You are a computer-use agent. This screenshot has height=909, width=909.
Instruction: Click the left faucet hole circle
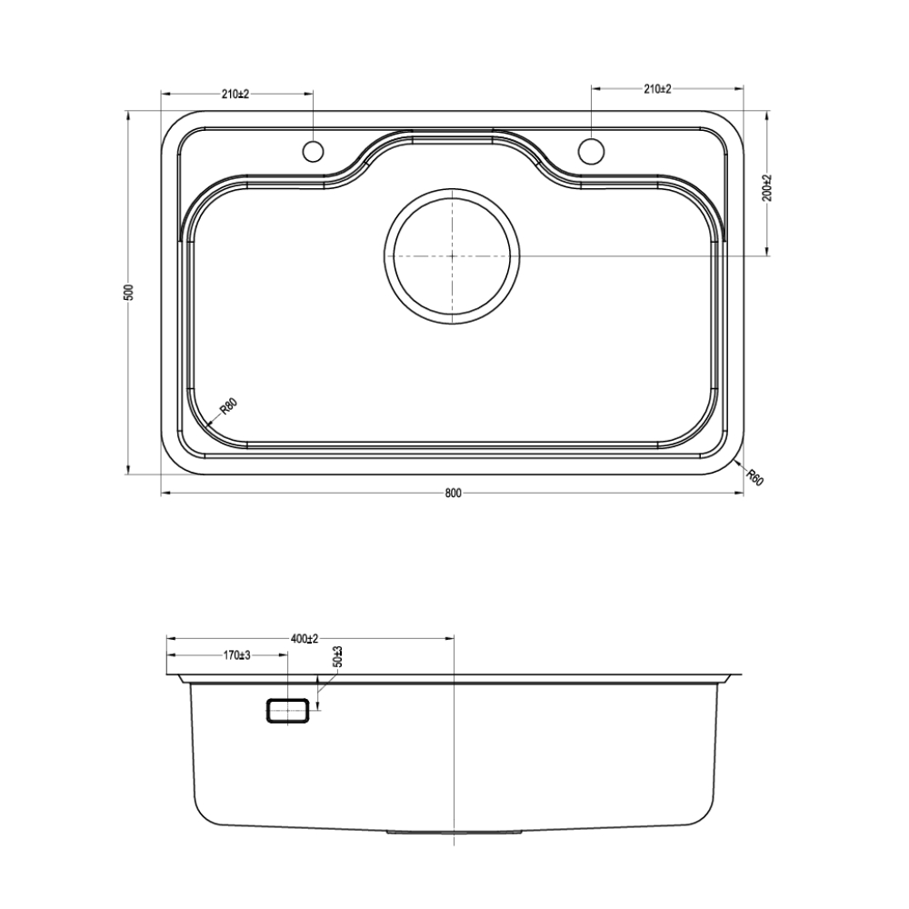(313, 151)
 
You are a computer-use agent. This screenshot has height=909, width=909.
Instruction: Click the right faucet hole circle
(592, 150)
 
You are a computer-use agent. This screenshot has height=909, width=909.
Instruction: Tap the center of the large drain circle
(452, 255)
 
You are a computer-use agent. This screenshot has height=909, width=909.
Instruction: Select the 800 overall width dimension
(454, 494)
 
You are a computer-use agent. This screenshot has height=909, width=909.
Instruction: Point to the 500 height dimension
(129, 292)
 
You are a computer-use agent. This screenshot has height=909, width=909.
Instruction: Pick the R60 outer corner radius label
(754, 478)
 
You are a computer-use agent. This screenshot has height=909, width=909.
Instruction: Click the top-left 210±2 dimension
(235, 94)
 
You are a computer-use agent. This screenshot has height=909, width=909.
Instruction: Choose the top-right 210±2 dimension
(657, 89)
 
